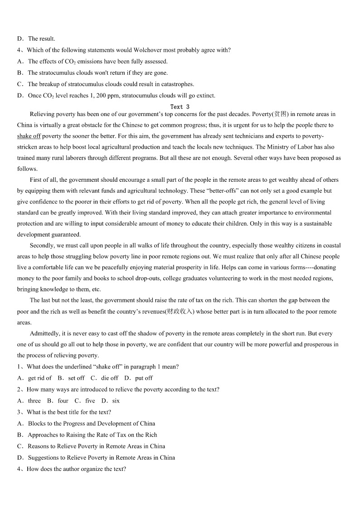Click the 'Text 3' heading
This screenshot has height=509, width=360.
pos(180,107)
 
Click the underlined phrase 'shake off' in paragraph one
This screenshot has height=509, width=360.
pos(29,136)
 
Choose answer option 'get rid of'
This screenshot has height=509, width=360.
pos(40,378)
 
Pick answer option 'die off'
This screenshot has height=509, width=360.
pos(110,378)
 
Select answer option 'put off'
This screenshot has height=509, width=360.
pos(144,378)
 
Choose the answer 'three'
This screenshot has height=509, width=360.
pos(34,401)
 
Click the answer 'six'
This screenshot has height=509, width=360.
pos(116,401)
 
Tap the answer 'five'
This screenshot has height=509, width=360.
pos(90,401)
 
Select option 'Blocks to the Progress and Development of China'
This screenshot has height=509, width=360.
pos(91,424)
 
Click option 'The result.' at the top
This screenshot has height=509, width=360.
pos(41,39)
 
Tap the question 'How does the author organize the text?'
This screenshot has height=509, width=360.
pos(76,469)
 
